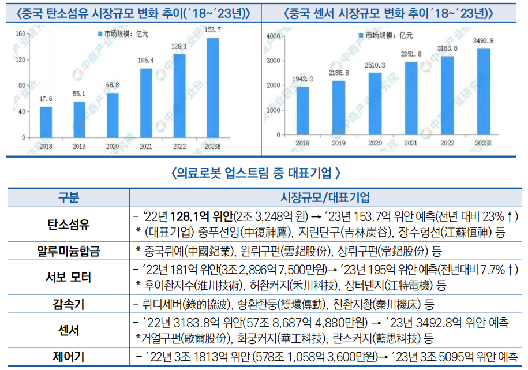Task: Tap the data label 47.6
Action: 46,99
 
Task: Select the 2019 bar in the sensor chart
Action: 339,107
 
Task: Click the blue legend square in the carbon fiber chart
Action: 100,35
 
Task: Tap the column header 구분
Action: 69,198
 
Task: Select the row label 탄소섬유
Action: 69,225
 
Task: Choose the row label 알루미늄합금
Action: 69,251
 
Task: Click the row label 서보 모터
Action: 69,277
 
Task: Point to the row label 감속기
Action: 69,304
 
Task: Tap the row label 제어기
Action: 69,357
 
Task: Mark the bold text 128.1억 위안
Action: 203,217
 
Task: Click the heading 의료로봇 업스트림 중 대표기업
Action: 256,173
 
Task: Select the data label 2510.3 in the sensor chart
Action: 375,65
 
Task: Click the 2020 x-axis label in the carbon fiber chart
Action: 113,147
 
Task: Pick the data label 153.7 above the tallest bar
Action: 213,29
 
